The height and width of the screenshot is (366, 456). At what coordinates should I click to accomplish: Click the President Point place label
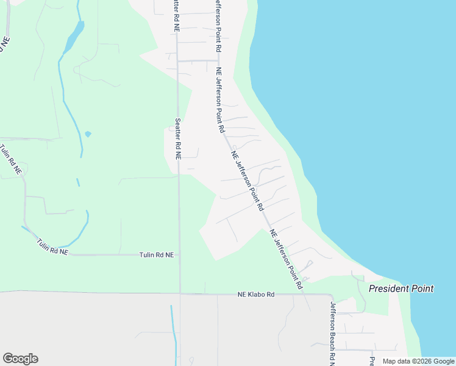401,289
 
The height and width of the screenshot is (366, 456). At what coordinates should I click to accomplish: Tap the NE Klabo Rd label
256,295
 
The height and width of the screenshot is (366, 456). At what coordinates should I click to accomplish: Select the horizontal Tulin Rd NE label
156,254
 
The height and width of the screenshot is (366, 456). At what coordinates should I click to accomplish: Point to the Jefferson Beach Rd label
333,333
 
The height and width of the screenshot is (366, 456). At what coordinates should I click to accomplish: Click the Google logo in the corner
20,359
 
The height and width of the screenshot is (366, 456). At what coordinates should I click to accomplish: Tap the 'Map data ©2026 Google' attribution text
418,361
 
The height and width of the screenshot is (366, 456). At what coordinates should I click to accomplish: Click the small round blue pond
88,134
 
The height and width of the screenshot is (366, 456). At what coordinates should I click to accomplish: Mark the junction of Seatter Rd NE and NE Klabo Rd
179,293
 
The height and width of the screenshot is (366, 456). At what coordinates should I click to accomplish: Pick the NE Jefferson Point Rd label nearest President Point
286,259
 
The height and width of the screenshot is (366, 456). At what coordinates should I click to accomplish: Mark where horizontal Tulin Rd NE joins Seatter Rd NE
179,254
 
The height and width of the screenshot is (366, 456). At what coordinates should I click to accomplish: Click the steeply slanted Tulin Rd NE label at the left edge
11,160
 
